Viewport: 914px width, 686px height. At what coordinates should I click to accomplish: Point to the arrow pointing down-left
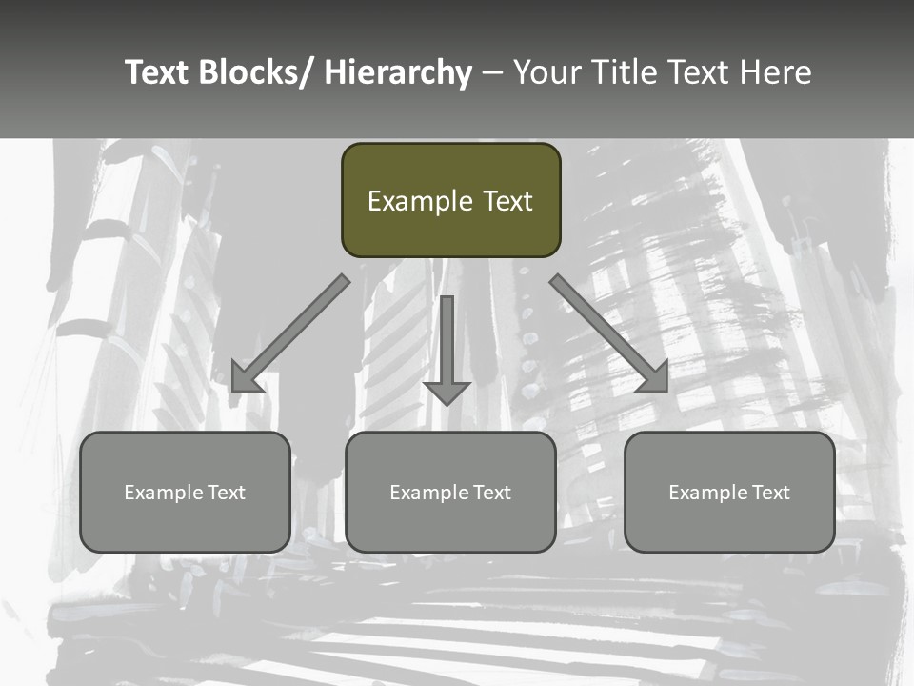pyautogui.click(x=290, y=333)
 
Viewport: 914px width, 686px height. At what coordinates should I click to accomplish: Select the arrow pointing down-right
pyautogui.click(x=609, y=333)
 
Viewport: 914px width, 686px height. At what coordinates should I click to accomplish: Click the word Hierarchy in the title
pyautogui.click(x=398, y=72)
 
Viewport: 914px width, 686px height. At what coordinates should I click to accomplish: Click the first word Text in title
pyautogui.click(x=158, y=72)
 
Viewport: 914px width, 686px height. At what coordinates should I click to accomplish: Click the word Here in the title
pyautogui.click(x=775, y=72)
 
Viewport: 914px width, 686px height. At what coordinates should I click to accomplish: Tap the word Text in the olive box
pyautogui.click(x=507, y=201)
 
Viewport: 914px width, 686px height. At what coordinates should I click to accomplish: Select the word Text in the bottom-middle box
pyautogui.click(x=489, y=493)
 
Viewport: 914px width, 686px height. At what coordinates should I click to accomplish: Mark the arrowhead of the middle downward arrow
pyautogui.click(x=447, y=393)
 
